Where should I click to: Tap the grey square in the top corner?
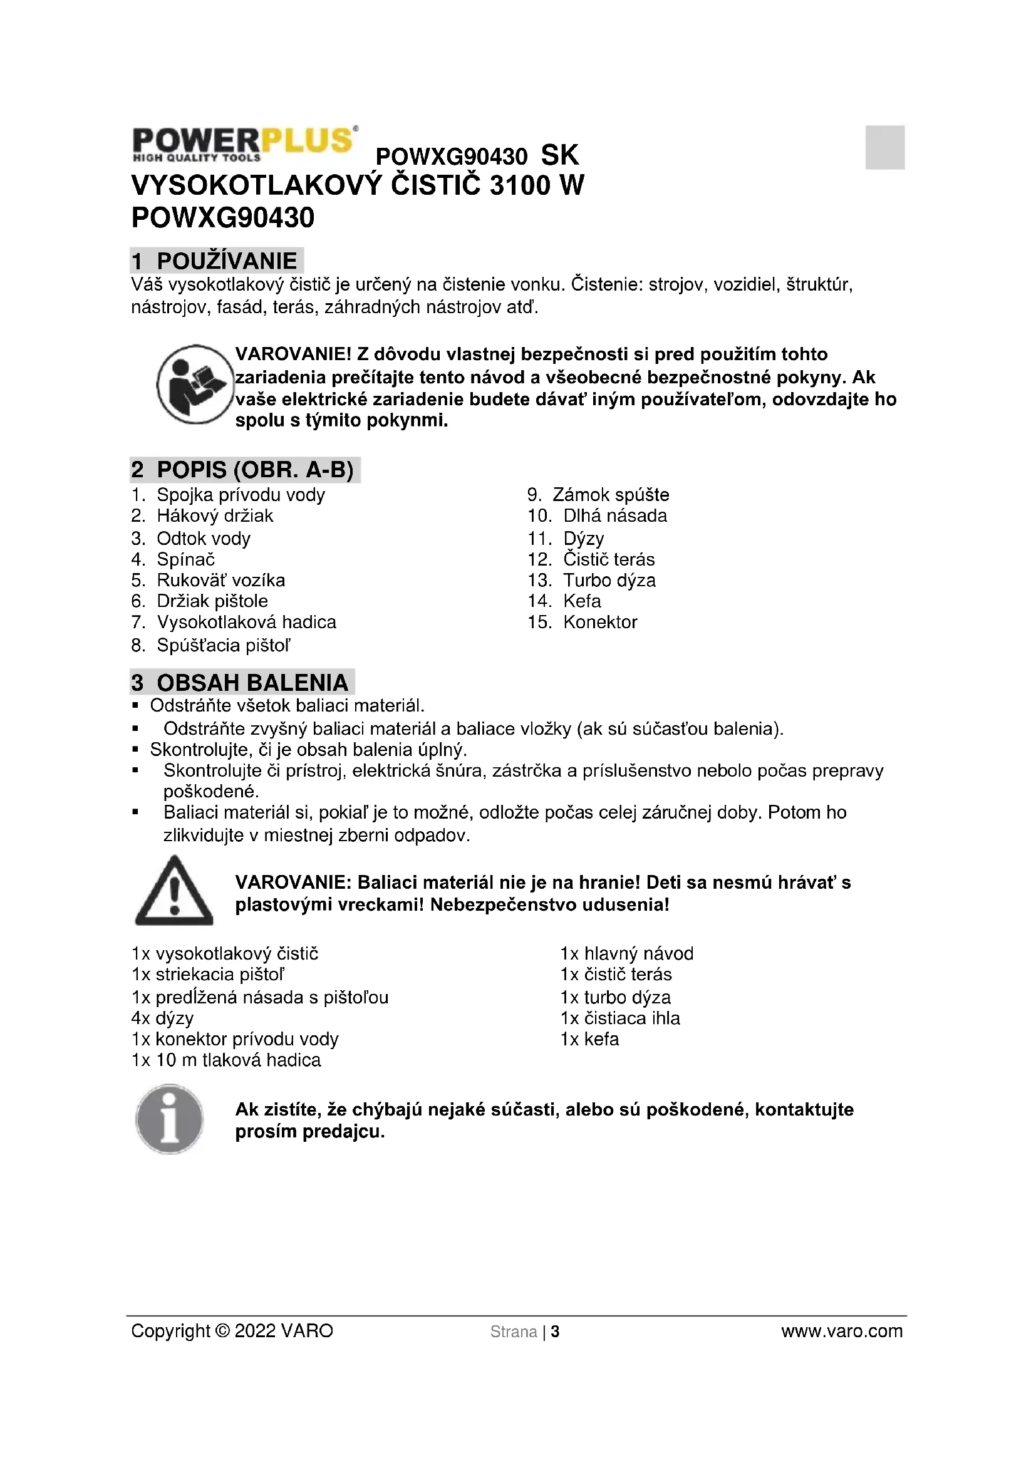tap(884, 147)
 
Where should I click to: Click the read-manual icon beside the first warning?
tap(195, 385)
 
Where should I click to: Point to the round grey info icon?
tap(170, 1119)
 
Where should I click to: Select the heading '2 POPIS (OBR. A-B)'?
tap(244, 470)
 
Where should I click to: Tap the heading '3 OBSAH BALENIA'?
tap(242, 682)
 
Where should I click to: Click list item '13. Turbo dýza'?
tap(591, 580)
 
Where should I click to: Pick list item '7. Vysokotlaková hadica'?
tap(234, 621)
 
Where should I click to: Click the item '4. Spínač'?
tap(174, 559)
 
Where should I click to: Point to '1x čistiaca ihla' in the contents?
tap(619, 1018)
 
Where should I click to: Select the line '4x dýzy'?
tap(162, 1018)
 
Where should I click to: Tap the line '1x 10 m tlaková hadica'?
tap(226, 1060)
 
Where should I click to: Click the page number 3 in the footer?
tap(555, 1332)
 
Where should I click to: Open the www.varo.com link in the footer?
tap(841, 1331)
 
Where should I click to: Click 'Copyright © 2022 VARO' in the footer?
tap(232, 1331)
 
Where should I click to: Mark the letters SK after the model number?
tap(559, 155)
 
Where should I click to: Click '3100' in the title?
tap(519, 185)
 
